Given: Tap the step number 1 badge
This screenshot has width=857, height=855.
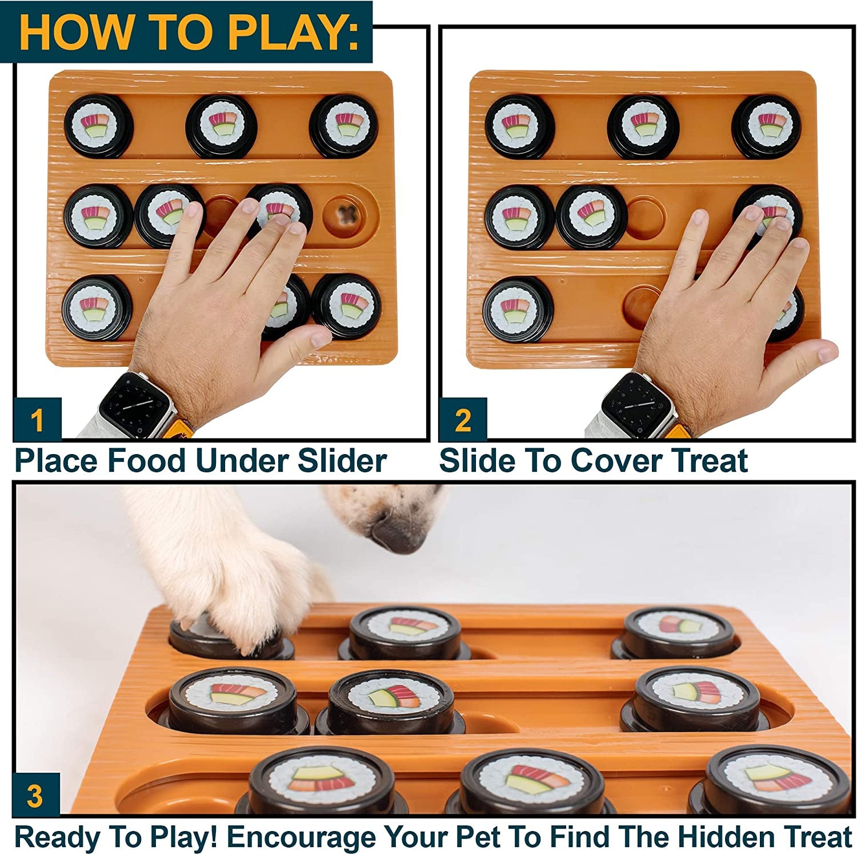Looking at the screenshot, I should [37, 420].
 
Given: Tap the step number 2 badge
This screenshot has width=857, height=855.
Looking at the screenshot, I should [463, 420].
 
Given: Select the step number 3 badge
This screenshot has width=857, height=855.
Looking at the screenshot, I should [35, 795].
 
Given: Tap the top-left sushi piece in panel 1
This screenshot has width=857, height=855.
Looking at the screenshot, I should [98, 126].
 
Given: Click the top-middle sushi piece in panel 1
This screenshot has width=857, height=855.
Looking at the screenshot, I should [222, 126].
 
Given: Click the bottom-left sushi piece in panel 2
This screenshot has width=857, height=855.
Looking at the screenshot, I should [518, 308].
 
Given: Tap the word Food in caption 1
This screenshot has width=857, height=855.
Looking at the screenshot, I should [146, 460].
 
